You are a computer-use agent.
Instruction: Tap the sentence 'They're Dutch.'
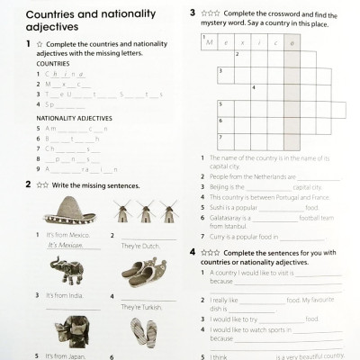[x=141, y=244]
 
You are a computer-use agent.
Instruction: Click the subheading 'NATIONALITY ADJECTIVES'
[x=74, y=118]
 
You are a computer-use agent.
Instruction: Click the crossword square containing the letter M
[x=210, y=42]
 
